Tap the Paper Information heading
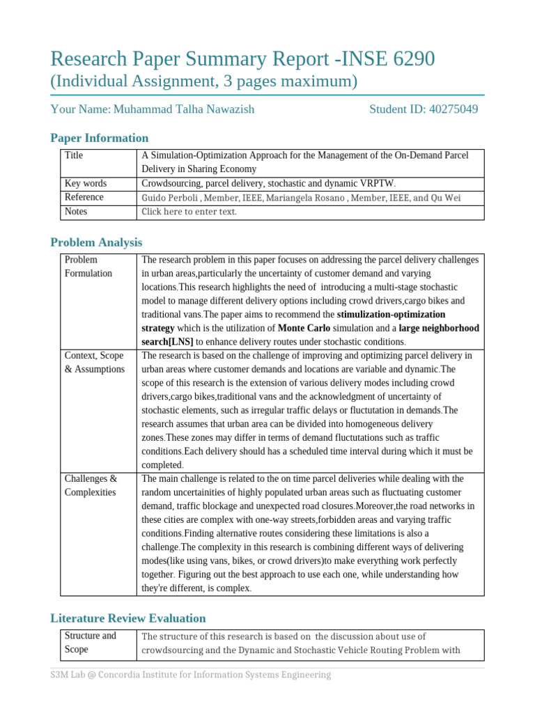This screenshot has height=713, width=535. click(99, 138)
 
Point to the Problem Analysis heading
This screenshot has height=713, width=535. click(96, 242)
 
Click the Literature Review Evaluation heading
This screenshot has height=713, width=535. click(128, 618)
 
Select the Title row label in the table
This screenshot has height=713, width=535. click(73, 155)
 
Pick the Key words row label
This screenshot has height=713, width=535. click(85, 183)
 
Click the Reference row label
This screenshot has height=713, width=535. click(84, 197)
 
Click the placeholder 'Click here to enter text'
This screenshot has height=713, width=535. click(189, 212)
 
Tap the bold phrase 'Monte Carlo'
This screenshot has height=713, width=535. click(304, 328)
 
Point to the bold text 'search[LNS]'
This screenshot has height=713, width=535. click(167, 342)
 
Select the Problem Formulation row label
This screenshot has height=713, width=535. click(88, 267)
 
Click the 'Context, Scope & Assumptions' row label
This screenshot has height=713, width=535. click(94, 362)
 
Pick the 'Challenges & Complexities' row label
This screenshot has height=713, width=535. click(91, 485)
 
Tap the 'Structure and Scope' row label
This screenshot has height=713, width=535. click(90, 642)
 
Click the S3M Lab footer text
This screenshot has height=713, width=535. click(190, 675)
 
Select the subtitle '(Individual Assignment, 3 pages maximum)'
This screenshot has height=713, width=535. click(203, 82)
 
